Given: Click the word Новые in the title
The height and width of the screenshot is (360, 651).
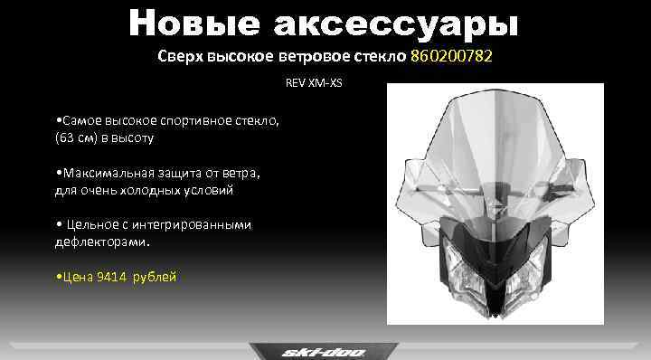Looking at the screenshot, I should pos(183,24).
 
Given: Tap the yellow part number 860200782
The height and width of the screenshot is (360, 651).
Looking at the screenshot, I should pos(452,57).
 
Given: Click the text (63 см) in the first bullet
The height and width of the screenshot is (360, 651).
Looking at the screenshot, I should pos(78,138).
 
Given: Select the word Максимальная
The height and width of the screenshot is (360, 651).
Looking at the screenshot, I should pos(107,173).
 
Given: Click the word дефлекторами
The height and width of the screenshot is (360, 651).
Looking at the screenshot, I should pos(100,242).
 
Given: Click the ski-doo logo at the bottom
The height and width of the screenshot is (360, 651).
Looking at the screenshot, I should pos(323,350).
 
